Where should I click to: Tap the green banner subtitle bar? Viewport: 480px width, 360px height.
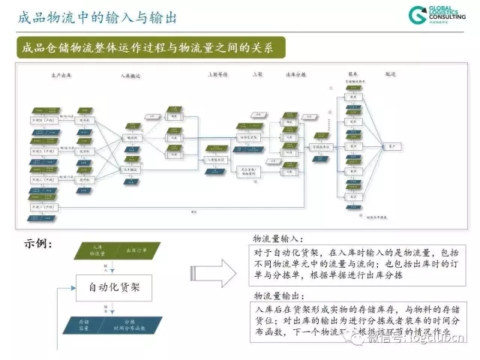click(x=149, y=49)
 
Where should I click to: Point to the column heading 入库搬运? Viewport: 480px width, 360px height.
click(x=131, y=76)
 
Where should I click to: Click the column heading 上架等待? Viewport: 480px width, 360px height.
click(x=217, y=75)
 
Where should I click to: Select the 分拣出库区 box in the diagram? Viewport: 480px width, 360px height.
click(x=322, y=146)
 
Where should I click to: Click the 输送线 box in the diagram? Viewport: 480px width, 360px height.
click(x=133, y=138)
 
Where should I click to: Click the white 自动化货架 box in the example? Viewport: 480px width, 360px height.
click(x=113, y=286)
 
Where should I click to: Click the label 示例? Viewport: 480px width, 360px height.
click(x=37, y=242)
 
